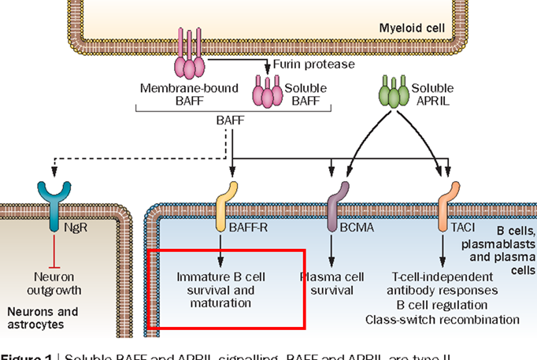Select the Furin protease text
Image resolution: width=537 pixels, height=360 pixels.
tap(313, 65)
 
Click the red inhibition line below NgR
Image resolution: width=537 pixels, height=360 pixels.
tap(53, 247)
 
